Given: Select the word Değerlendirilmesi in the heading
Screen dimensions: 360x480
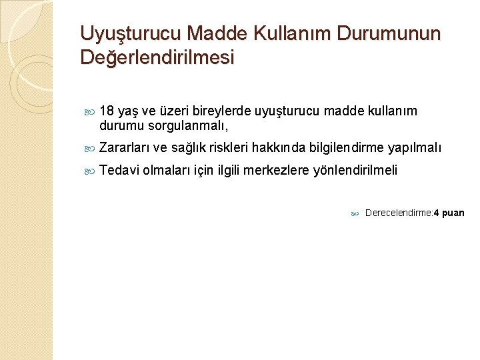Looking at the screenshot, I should coord(157,57).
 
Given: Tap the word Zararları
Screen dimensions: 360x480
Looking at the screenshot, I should coord(125,147).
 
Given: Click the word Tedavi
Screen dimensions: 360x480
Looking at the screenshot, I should coord(119,170).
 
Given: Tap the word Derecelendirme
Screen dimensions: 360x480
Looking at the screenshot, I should coord(398,213).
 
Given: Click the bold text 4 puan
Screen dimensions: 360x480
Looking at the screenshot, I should coord(449,213).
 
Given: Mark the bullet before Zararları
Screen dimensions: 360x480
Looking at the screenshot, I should coord(91,148).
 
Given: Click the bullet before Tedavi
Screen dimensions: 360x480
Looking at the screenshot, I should coord(91,171).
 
